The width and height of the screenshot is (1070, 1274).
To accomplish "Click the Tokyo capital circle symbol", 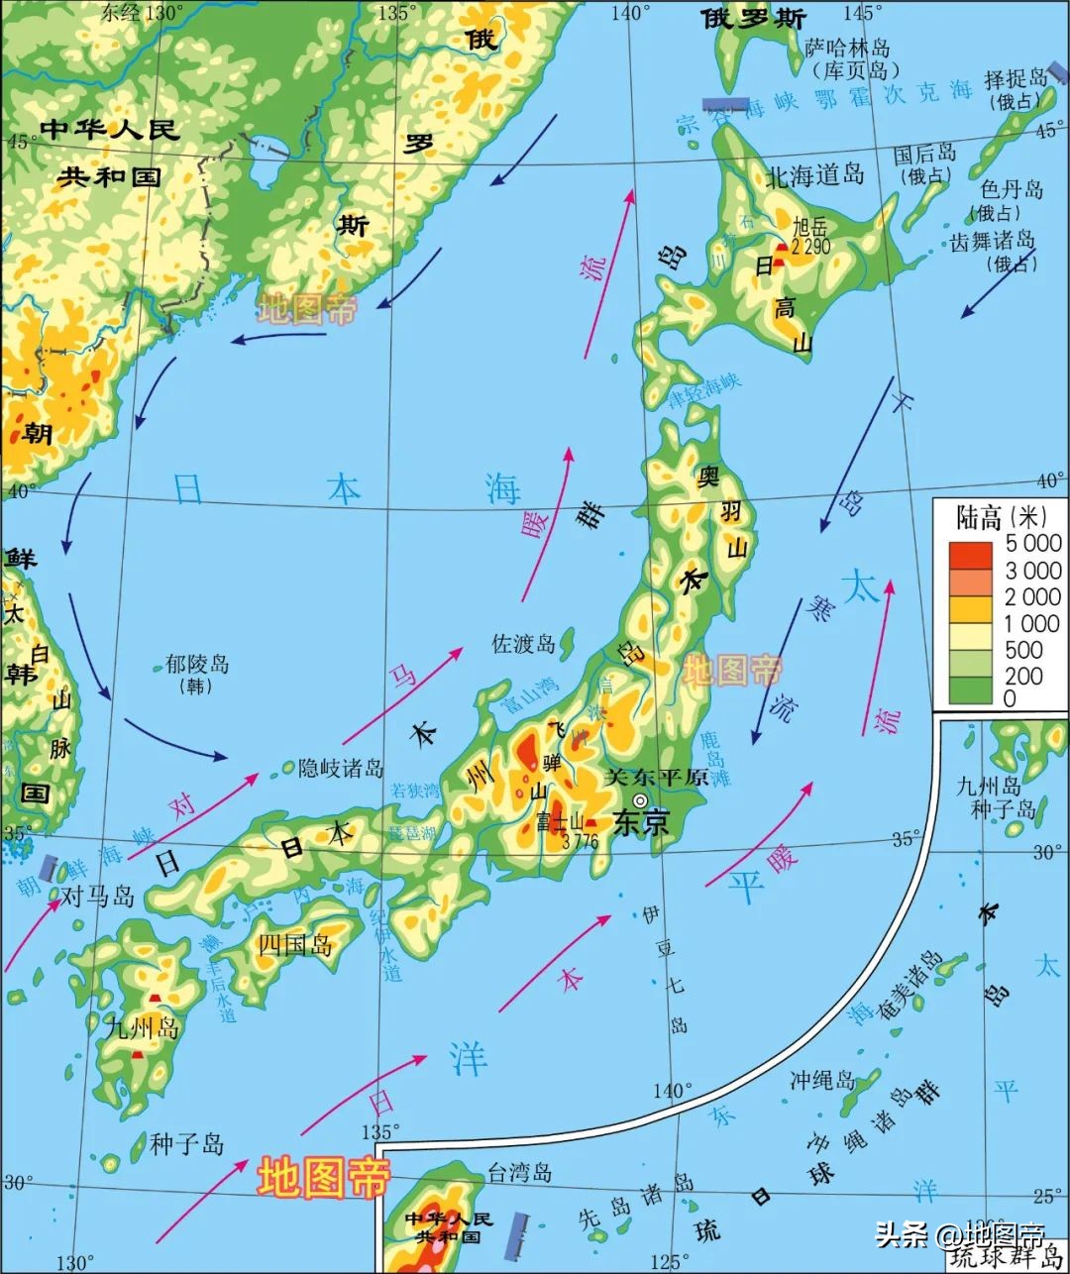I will point(640,799).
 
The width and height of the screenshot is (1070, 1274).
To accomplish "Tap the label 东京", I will point(642,822).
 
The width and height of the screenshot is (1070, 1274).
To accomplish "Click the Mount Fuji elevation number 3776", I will point(580,842).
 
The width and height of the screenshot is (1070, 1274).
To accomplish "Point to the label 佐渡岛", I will point(524,644).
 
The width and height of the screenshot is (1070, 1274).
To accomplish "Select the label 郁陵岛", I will point(197,664).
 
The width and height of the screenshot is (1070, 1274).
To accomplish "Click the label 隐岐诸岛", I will point(341,768).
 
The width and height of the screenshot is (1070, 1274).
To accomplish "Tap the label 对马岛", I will point(97,897).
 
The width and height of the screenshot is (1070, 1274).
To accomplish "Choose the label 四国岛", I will point(295,944).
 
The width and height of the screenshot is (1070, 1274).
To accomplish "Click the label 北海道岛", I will point(815,176).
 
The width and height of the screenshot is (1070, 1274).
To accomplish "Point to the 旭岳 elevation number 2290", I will point(810,247).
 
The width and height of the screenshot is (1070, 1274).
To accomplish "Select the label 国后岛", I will point(924,154).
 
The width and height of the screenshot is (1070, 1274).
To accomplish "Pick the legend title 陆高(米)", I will point(1001,517).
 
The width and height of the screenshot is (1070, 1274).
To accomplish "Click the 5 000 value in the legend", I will point(1032,543).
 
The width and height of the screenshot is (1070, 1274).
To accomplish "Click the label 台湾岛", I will point(519,1174).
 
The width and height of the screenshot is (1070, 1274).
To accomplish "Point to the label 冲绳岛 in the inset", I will point(822,1079).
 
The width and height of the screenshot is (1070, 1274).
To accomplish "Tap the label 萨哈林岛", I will point(847,48).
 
